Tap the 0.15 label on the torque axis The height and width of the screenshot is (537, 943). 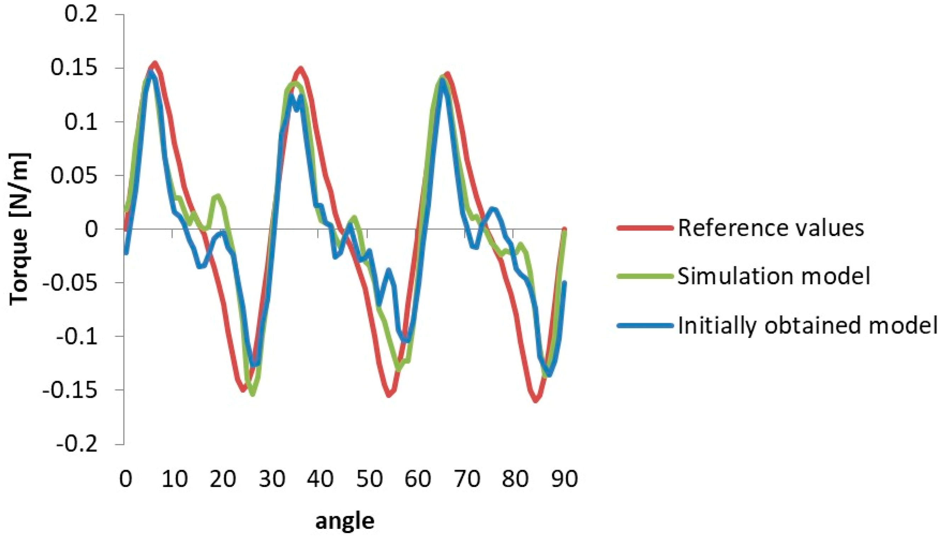click(74, 68)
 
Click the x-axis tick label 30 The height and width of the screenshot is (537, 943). click(272, 479)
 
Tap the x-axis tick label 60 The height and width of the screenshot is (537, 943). click(418, 479)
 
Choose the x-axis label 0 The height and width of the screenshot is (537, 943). click(125, 479)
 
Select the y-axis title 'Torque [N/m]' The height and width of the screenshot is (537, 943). click(19, 229)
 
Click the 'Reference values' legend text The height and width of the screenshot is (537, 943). click(771, 228)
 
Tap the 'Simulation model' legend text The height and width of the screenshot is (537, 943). click(774, 276)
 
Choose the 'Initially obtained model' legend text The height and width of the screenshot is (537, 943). click(808, 325)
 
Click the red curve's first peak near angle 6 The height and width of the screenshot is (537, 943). click(155, 63)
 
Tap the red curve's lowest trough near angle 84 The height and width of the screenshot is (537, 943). click(536, 400)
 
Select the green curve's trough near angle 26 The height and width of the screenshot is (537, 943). click(253, 394)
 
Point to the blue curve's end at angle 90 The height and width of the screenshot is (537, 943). click(564, 283)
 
